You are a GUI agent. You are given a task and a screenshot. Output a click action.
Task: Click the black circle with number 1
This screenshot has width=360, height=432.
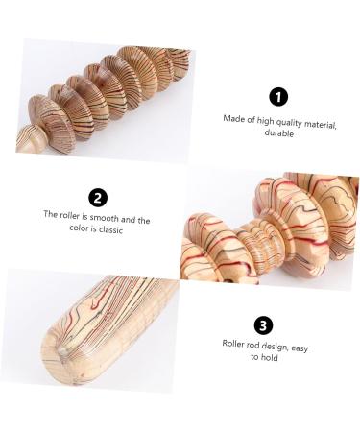click(278, 96)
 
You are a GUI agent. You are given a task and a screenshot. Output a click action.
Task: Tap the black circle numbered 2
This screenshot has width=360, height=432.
click(98, 198)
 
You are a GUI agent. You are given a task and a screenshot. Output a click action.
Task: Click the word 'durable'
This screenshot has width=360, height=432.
click(278, 133)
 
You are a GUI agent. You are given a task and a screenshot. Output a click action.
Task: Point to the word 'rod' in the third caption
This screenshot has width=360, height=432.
click(255, 343)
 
